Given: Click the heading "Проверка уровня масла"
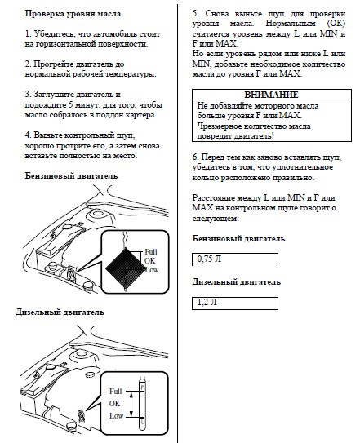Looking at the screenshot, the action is pyautogui.click(x=73, y=14).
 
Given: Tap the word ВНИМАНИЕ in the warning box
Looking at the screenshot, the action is pyautogui.click(x=271, y=95).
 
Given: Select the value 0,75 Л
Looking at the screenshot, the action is pyautogui.click(x=209, y=259).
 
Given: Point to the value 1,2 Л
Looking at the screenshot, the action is pyautogui.click(x=207, y=303).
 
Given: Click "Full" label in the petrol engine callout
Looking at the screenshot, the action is pyautogui.click(x=151, y=252).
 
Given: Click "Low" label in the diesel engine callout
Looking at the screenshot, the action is pyautogui.click(x=116, y=416).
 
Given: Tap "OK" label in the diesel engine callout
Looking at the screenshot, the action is pyautogui.click(x=114, y=404).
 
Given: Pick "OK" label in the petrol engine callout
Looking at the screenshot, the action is pyautogui.click(x=149, y=261).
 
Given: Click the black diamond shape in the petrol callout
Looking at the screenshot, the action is pyautogui.click(x=124, y=268).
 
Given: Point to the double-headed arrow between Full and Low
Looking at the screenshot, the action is pyautogui.click(x=131, y=404).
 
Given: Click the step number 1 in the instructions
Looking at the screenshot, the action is pyautogui.click(x=29, y=34).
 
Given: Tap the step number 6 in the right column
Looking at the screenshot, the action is pyautogui.click(x=195, y=157).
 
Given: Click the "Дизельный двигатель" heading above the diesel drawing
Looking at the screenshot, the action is pyautogui.click(x=60, y=312).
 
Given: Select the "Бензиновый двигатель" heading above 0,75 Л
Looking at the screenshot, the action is pyautogui.click(x=238, y=239).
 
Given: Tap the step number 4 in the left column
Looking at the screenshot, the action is pyautogui.click(x=28, y=135).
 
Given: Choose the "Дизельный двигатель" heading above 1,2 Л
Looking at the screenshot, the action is pyautogui.click(x=237, y=282).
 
